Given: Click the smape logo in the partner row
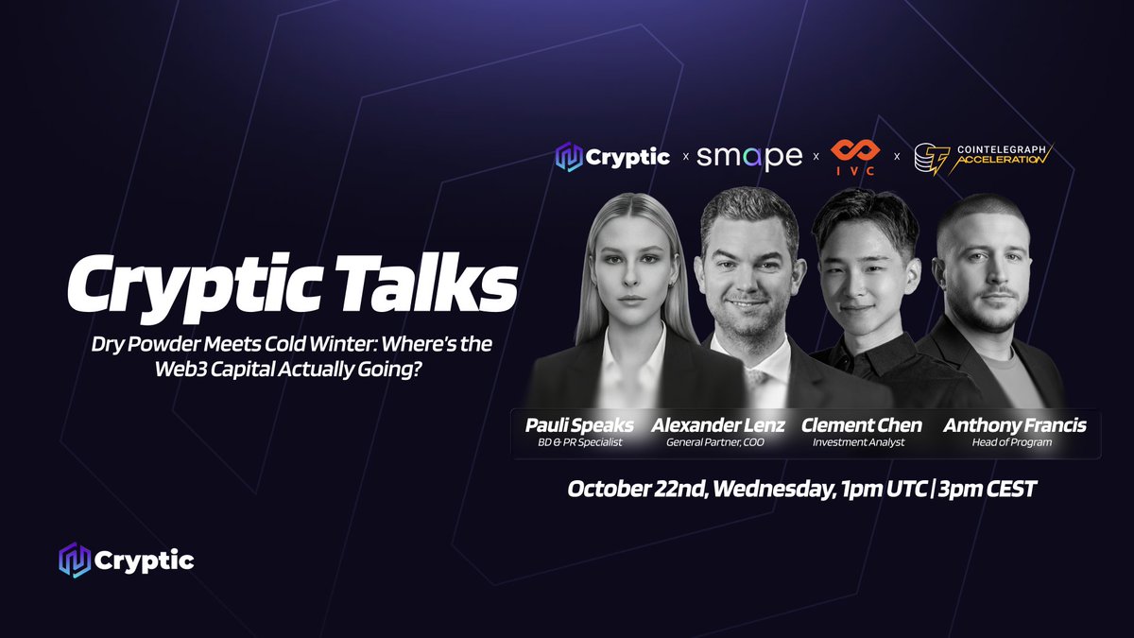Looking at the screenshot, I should pyautogui.click(x=749, y=157).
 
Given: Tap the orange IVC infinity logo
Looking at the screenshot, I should pyautogui.click(x=855, y=157).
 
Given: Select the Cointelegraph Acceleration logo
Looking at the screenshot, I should pyautogui.click(x=983, y=157).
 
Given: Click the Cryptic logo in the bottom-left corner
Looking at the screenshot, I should pyautogui.click(x=126, y=560).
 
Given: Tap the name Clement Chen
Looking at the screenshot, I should pyautogui.click(x=861, y=425).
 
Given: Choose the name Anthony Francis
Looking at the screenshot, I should pyautogui.click(x=1014, y=425).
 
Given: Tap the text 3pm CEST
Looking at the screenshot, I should pyautogui.click(x=992, y=490).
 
